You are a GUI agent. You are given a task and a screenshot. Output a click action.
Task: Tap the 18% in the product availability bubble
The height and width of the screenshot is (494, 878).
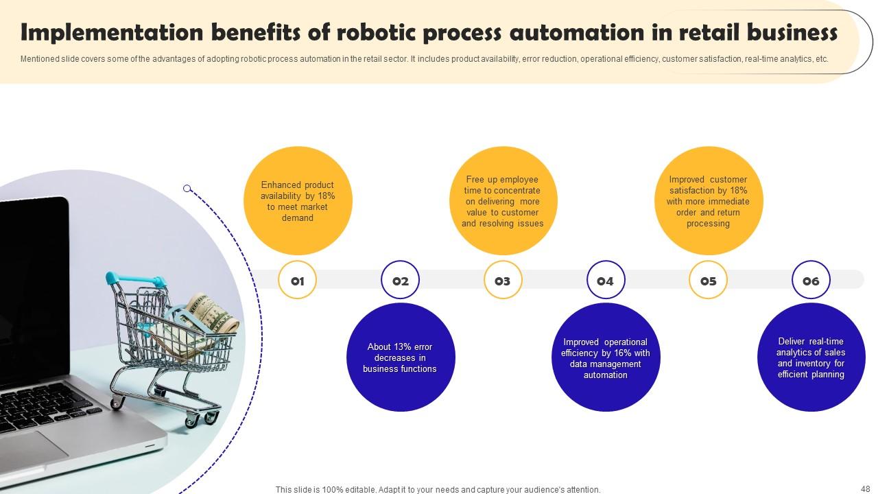click(x=327, y=196)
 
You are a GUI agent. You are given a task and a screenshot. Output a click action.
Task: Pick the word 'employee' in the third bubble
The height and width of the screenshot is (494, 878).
click(x=520, y=180)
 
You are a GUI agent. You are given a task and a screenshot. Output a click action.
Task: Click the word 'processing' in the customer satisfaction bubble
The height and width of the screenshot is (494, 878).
click(x=708, y=224)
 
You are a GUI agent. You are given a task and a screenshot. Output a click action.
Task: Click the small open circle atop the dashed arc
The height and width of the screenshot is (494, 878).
click(x=187, y=189)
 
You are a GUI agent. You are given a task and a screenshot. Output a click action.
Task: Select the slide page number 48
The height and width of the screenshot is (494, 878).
click(x=866, y=489)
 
